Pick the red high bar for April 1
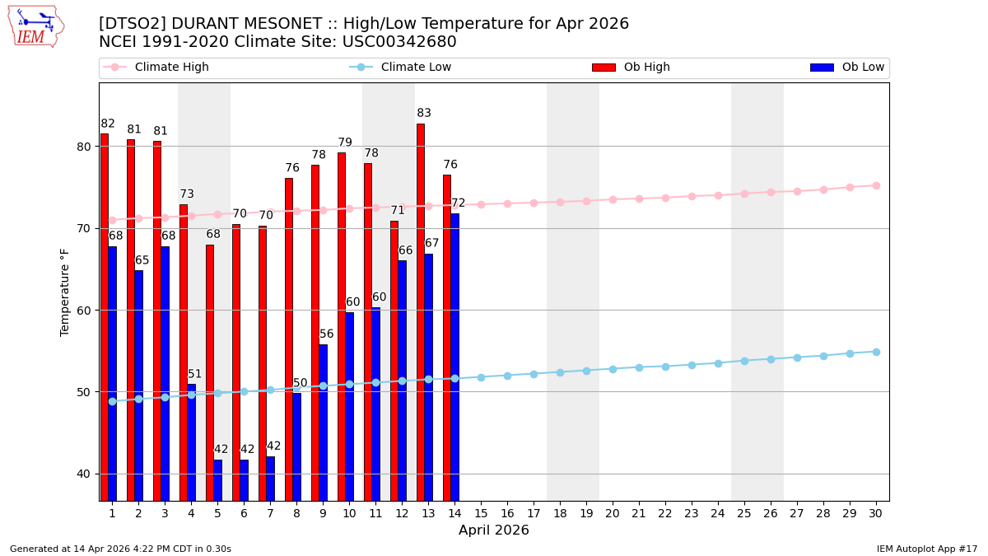coord(105,316)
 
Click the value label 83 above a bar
coord(424,114)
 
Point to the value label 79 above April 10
coord(345,143)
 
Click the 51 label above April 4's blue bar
coord(194,375)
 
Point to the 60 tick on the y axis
coord(85,311)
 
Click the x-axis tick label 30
coord(876,513)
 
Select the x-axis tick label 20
coord(613,513)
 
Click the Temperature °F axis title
coord(65,292)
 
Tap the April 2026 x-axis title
coord(494,530)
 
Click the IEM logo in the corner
coord(36,26)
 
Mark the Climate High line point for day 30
coord(876,185)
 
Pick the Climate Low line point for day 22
coord(665,367)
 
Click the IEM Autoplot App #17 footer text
coord(927,549)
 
